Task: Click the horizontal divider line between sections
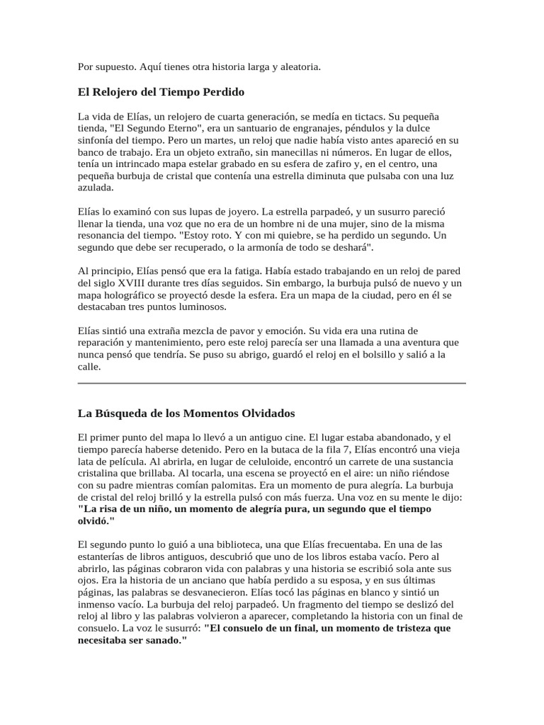coord(271,383)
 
